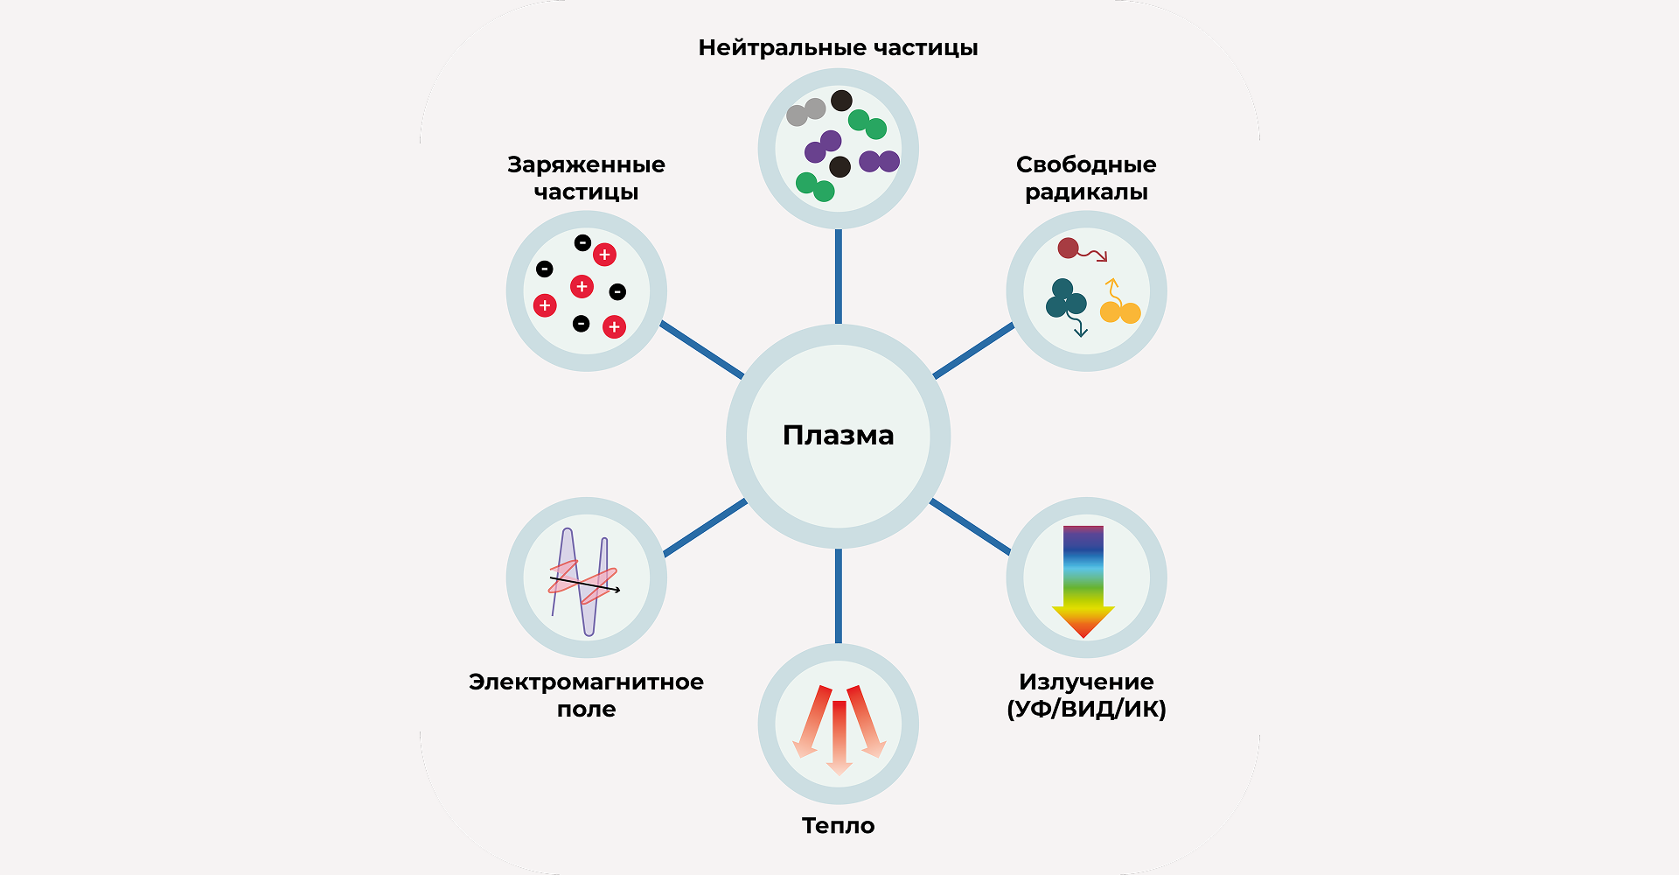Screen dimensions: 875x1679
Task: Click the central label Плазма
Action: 838,435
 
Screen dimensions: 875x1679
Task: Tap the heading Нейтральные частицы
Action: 838,47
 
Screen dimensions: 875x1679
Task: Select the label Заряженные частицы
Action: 586,178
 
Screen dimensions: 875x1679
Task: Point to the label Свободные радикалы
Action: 1086,178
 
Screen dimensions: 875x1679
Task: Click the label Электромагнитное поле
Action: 586,695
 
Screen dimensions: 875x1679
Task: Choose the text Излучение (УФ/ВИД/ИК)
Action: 1086,695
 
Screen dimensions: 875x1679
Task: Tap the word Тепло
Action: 838,825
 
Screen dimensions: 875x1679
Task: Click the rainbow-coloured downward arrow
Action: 1083,577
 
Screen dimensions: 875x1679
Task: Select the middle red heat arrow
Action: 839,735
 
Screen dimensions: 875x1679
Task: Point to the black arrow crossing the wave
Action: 584,584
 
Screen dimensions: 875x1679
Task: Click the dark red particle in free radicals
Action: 1068,248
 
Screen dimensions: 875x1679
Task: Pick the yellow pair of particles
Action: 1120,311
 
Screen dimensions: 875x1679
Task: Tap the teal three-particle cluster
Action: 1065,299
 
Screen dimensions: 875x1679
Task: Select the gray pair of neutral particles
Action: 805,112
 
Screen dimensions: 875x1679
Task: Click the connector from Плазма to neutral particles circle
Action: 838,276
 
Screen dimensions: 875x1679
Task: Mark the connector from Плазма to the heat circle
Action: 838,596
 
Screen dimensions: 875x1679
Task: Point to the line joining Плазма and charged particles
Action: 702,350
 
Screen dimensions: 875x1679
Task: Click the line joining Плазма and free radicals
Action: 973,351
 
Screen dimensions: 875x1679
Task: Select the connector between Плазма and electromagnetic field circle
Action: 705,527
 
